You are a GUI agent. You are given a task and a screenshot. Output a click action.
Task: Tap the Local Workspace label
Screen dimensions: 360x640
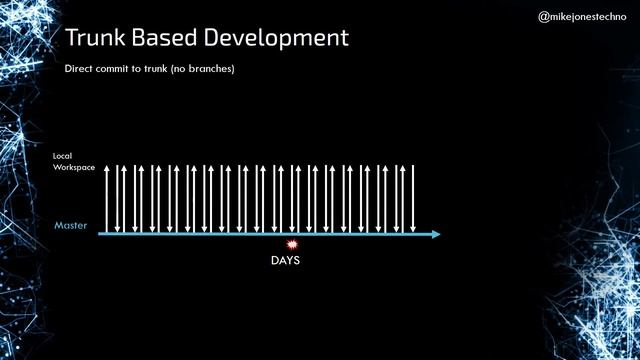74,162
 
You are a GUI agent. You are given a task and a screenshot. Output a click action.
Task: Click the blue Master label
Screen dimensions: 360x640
71,226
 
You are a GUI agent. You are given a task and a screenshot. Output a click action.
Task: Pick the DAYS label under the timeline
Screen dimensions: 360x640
285,261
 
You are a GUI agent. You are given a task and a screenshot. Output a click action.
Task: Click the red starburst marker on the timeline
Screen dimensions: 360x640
292,244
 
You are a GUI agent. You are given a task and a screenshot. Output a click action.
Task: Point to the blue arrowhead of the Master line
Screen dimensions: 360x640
435,235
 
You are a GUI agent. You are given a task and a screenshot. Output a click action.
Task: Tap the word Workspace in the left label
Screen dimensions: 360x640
74,168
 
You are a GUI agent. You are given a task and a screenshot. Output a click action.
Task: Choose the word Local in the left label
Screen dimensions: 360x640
62,156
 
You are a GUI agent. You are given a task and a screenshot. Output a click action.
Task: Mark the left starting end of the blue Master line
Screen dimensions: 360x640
99,235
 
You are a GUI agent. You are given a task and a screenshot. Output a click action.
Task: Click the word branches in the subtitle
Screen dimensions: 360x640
211,69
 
